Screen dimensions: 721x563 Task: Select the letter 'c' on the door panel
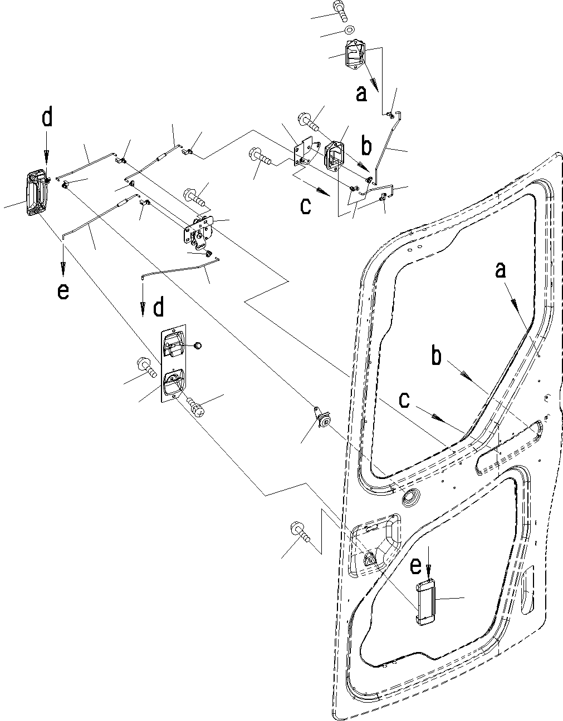pyautogui.click(x=406, y=399)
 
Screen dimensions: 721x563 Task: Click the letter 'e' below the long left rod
pyautogui.click(x=63, y=291)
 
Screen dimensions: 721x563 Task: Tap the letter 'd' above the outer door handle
pyautogui.click(x=47, y=118)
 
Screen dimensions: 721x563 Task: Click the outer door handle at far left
pyautogui.click(x=35, y=192)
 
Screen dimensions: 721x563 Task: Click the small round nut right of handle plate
pyautogui.click(x=197, y=345)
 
